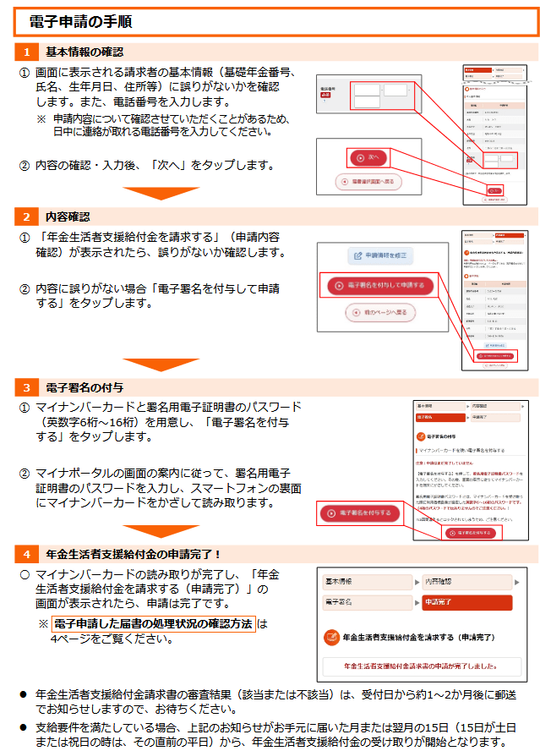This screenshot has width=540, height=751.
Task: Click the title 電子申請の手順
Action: click(80, 20)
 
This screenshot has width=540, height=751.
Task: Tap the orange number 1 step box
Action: click(27, 52)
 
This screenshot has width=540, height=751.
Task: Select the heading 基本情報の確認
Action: click(85, 52)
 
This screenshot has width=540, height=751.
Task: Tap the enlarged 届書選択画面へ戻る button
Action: click(368, 181)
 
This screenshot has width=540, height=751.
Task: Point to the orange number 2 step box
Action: click(27, 217)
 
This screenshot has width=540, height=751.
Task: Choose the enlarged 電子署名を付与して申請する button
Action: click(380, 286)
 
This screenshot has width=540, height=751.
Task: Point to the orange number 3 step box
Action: click(27, 387)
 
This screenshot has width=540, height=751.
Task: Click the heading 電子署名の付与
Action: click(85, 387)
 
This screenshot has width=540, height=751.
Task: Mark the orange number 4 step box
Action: click(27, 554)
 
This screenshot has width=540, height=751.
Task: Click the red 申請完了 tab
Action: click(466, 602)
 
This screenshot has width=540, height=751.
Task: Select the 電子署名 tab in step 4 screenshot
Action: click(368, 602)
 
